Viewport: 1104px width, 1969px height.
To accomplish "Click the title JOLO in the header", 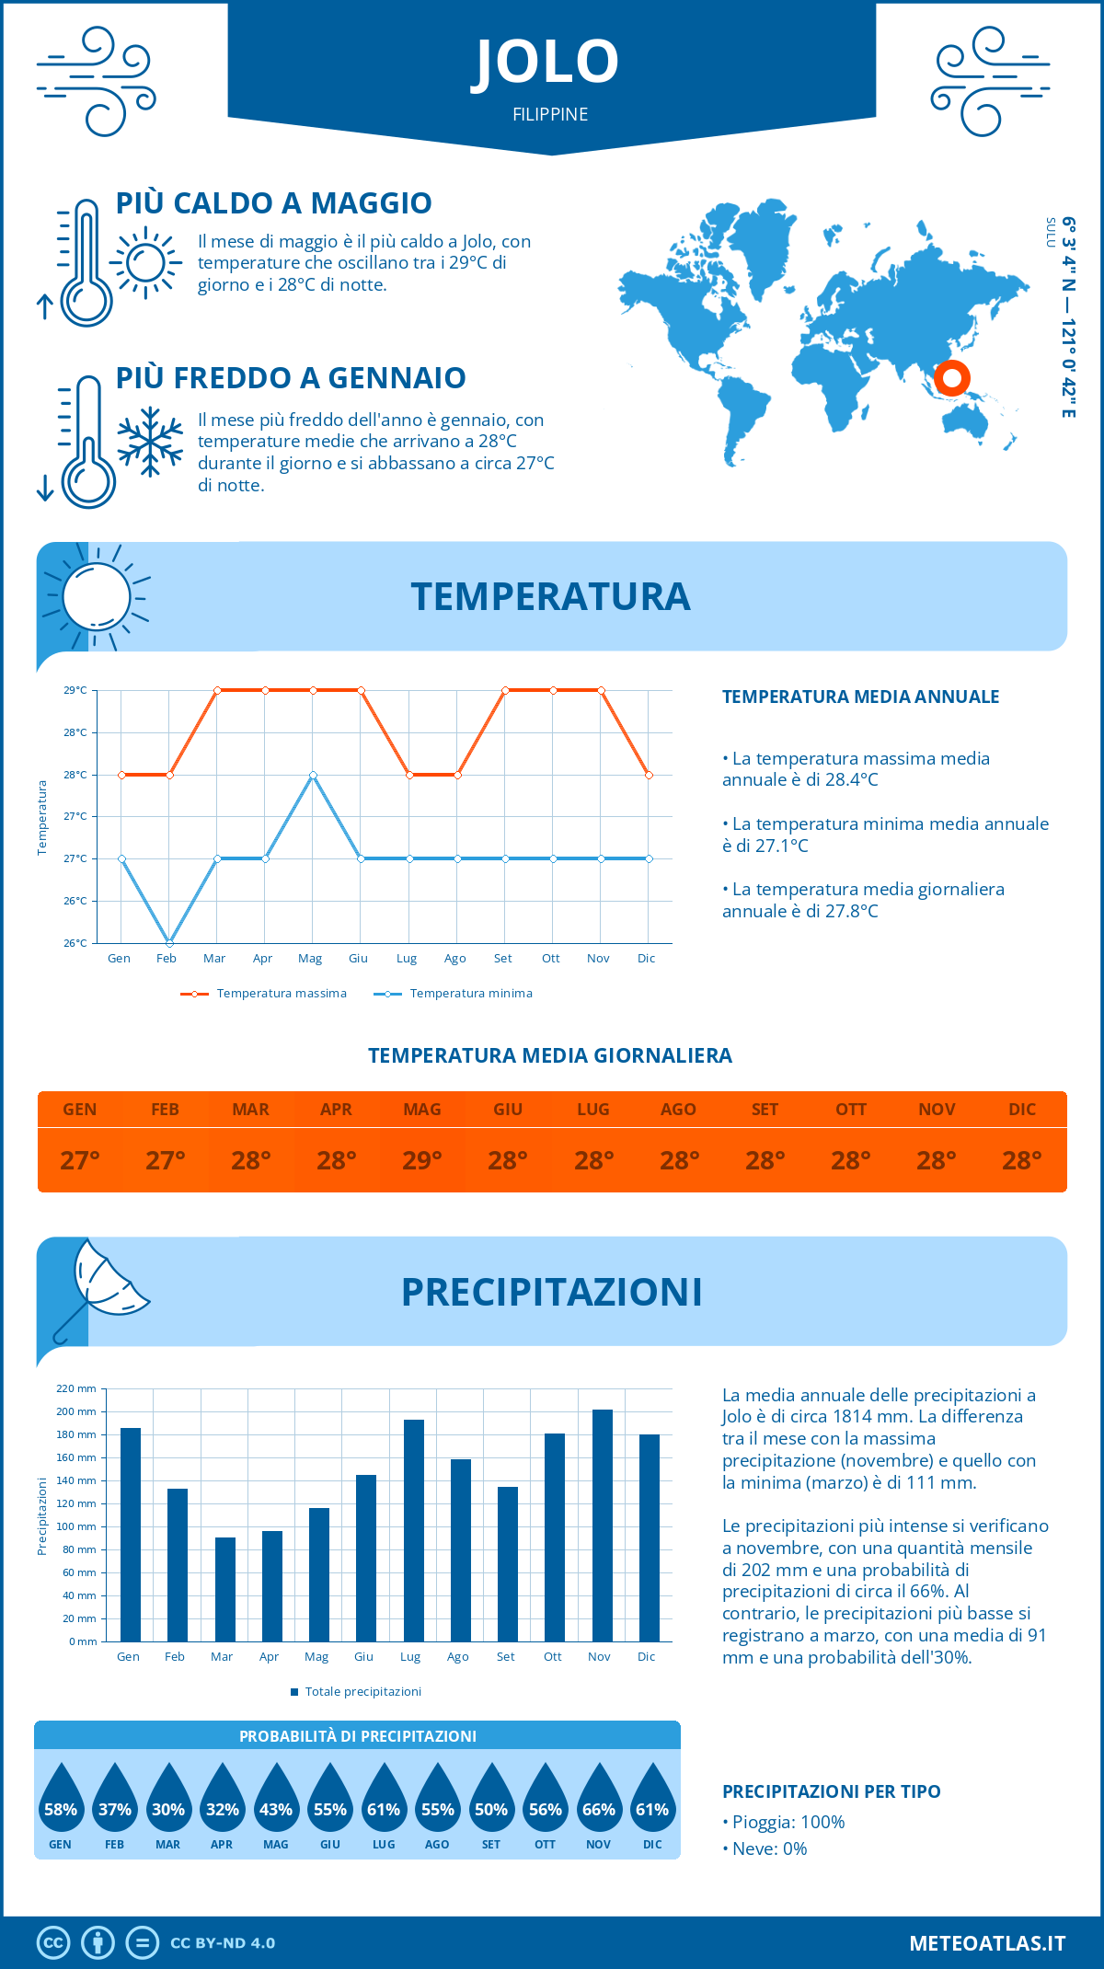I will (x=546, y=62).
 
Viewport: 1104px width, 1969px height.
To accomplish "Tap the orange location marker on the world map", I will (x=952, y=377).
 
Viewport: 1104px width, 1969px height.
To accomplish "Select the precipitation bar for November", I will (x=603, y=1525).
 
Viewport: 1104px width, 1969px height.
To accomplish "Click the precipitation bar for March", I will (x=225, y=1589).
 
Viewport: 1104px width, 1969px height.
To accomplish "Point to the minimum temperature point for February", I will (x=169, y=943).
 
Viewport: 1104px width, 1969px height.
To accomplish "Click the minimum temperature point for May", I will (x=314, y=775).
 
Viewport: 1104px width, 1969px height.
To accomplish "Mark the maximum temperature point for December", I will (x=649, y=775).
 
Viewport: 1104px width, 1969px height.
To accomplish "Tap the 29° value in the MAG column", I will (x=422, y=1160).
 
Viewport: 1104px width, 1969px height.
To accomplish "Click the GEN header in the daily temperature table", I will (x=80, y=1110).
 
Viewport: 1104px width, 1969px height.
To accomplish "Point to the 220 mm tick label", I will (x=76, y=1388).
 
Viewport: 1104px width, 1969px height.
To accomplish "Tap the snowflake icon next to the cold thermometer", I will (x=150, y=442).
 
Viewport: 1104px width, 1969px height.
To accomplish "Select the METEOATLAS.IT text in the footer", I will (x=987, y=1943).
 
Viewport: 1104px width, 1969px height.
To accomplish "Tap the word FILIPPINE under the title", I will (x=550, y=114).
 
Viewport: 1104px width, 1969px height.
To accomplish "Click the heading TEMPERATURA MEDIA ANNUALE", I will (x=860, y=697).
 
